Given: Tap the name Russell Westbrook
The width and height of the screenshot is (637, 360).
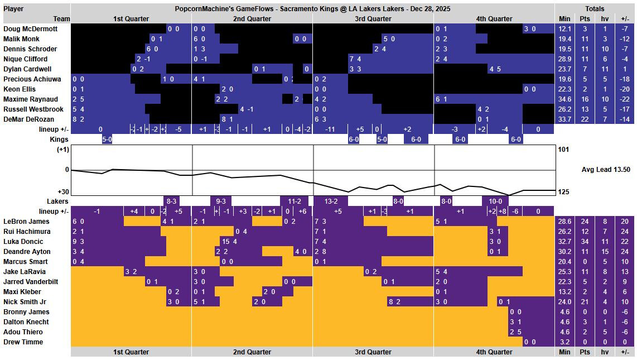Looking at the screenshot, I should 33,109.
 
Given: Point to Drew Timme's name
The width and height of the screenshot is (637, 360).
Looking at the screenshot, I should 23,342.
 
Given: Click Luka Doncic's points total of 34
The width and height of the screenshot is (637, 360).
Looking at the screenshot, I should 585,242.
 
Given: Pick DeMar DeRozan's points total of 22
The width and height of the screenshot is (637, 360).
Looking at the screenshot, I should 585,119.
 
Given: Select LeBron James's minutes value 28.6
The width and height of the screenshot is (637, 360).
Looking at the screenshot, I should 564,222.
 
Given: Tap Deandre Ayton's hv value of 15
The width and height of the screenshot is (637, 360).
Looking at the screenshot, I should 604,252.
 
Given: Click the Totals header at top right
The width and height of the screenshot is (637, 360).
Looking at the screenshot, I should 595,9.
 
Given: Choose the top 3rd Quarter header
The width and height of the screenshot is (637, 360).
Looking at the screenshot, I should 373,19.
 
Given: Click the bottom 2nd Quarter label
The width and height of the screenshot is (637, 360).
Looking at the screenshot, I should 252,352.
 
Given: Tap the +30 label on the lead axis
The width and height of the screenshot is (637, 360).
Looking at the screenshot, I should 62,192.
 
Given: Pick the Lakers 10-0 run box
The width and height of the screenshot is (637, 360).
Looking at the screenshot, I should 495,201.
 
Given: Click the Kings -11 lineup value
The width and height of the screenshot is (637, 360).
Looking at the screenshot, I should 330,129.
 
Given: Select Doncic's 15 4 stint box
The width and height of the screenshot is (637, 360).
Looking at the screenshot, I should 230,242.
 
